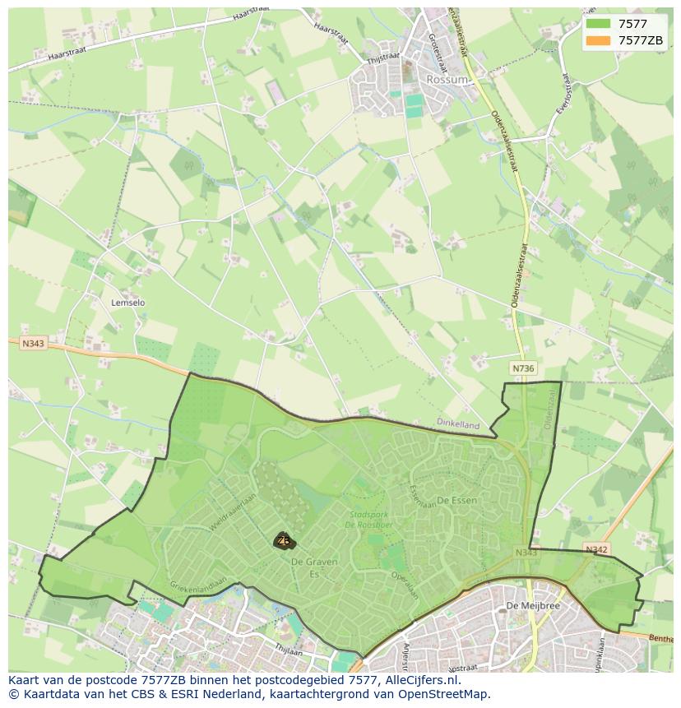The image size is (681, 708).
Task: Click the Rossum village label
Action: (447, 80)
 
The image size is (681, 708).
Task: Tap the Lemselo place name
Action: (127, 303)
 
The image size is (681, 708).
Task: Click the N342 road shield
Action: (596, 548)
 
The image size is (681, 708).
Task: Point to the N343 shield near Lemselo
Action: (34, 343)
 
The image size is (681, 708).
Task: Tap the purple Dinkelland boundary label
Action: (458, 424)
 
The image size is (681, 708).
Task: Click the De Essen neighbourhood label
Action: (456, 500)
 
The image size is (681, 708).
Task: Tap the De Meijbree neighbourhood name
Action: (521, 606)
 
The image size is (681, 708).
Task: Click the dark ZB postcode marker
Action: (284, 541)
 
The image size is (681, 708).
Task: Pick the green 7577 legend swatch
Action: (599, 24)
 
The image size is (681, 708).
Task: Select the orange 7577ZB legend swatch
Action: (599, 40)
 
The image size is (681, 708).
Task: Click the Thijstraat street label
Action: (383, 57)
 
